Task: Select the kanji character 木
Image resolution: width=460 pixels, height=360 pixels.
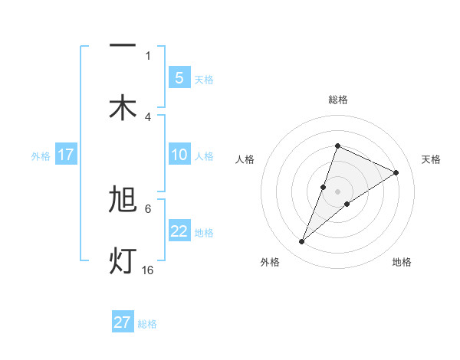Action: (123, 107)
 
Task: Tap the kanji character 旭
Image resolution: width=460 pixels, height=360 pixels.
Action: (123, 200)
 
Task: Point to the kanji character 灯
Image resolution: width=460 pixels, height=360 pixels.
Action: (123, 260)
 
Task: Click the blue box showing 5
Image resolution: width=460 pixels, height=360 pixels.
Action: (179, 77)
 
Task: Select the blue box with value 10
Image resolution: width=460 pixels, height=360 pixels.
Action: (179, 155)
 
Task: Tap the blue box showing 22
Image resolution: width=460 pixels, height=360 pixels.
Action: (179, 231)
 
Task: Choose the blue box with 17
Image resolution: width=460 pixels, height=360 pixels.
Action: (65, 155)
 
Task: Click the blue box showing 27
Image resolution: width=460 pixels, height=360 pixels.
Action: (123, 322)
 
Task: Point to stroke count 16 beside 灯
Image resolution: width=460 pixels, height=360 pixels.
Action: (148, 270)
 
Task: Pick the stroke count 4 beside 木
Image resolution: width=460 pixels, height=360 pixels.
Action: (148, 116)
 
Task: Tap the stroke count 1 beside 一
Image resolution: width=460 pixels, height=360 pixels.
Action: (148, 55)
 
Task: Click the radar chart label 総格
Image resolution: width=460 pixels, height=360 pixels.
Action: (337, 100)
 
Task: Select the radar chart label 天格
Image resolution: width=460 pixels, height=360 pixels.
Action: (431, 159)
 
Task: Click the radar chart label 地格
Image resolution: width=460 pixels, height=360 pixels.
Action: (402, 262)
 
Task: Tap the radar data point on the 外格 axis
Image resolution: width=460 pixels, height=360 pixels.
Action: (301, 242)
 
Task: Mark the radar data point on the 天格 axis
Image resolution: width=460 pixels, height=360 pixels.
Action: (396, 172)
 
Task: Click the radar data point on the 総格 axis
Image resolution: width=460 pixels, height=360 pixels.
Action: (337, 146)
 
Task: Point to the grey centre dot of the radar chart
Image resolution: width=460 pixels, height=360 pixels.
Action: (337, 191)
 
